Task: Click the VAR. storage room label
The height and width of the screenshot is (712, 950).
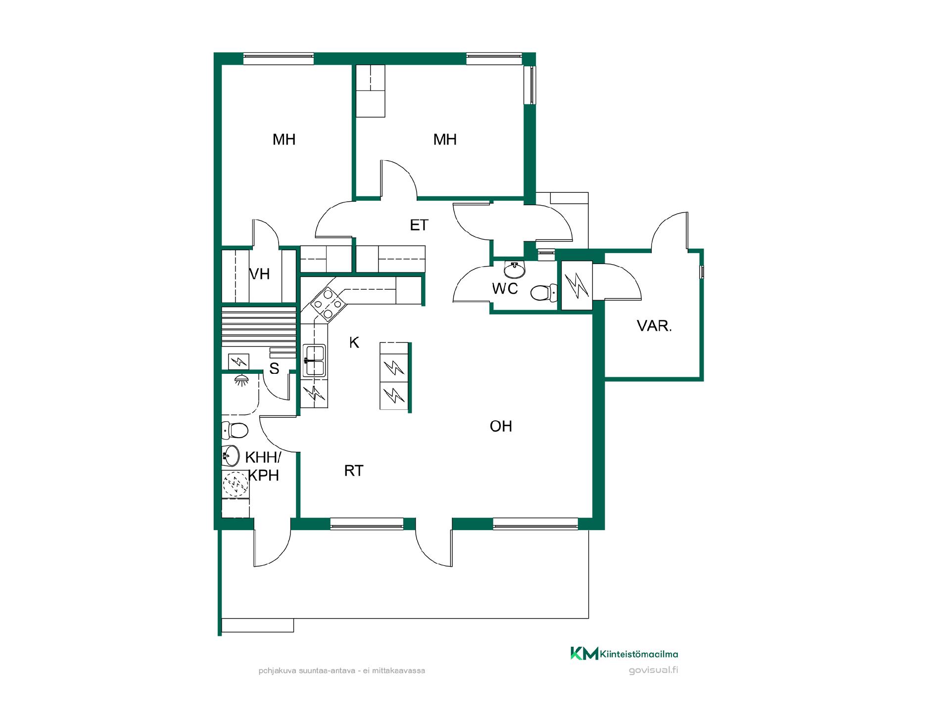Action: pyautogui.click(x=654, y=326)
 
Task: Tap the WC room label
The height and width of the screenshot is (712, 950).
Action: pyautogui.click(x=505, y=288)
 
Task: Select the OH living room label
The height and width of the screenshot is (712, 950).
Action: pyautogui.click(x=501, y=426)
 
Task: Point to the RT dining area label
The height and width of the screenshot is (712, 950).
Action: pyautogui.click(x=354, y=471)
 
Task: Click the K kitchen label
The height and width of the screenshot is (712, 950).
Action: pyautogui.click(x=354, y=342)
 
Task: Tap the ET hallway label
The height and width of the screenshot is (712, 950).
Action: pyautogui.click(x=419, y=225)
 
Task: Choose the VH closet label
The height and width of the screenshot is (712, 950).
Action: pyautogui.click(x=259, y=274)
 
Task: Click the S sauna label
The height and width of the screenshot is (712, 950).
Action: pyautogui.click(x=274, y=368)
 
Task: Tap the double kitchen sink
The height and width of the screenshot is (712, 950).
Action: pyautogui.click(x=314, y=360)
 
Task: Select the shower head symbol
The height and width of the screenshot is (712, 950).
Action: pyautogui.click(x=241, y=380)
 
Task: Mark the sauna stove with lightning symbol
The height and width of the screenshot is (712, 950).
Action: pyautogui.click(x=238, y=362)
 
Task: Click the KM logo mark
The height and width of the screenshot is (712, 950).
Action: pyautogui.click(x=584, y=653)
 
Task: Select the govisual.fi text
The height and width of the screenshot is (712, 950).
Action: pyautogui.click(x=653, y=670)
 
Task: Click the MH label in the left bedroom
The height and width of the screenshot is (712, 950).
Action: pyautogui.click(x=284, y=140)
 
